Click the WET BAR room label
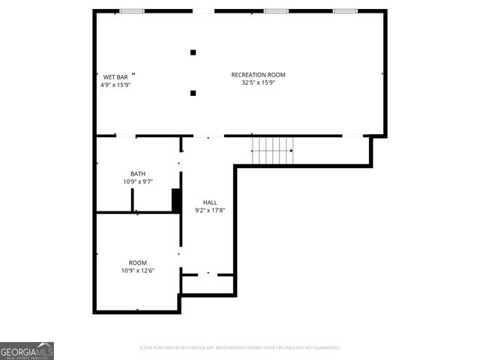point(115,76)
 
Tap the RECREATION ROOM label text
point(258,74)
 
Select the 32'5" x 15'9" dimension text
point(258,82)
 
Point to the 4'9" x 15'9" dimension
point(115,85)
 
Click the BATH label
point(138,173)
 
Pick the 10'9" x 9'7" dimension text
point(138,181)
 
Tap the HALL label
point(210,202)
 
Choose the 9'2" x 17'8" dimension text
point(210,211)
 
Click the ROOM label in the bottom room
point(138,262)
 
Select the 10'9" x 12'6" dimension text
point(138,271)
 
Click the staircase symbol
point(272,150)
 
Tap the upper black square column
point(193,52)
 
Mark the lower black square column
point(193,93)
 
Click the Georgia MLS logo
point(27,350)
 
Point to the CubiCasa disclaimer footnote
point(240,348)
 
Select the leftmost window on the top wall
point(132,11)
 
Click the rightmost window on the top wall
point(345,11)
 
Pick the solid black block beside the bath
point(176,200)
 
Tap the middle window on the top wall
point(276,11)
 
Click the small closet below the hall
point(208,284)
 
